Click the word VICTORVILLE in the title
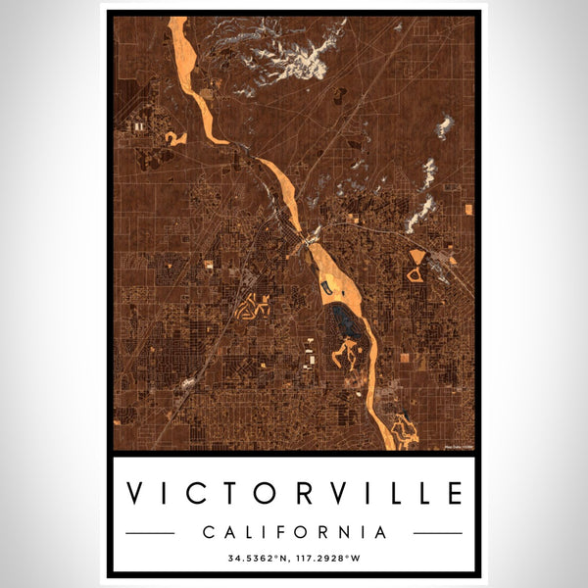tap(294, 492)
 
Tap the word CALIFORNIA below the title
tap(294, 532)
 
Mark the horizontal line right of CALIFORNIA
tap(437, 533)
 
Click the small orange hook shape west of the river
tap(175, 138)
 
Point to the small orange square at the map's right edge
tap(467, 209)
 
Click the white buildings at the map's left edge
tap(139, 126)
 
